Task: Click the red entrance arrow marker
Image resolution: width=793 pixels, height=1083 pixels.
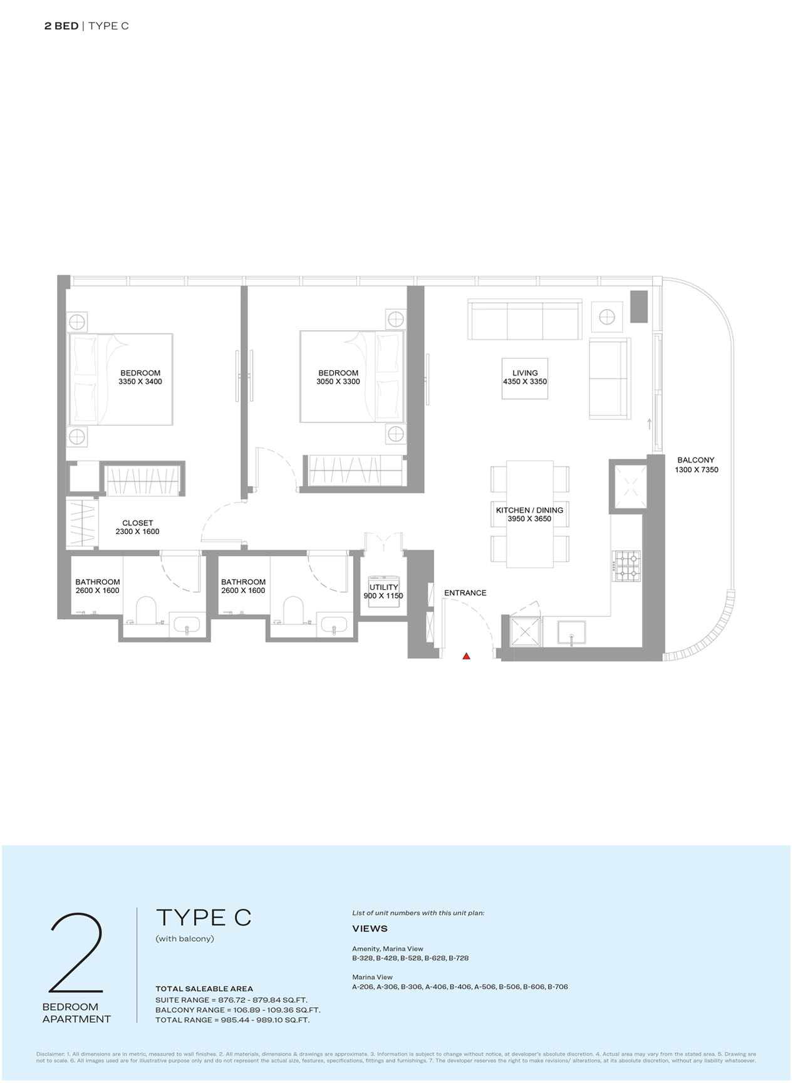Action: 466,656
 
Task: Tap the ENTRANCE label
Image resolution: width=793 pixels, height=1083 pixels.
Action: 465,593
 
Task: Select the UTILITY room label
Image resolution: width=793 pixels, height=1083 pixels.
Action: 383,587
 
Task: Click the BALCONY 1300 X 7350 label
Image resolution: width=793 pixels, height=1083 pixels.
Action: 696,464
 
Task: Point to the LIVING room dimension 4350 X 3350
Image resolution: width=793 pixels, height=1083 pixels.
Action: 525,382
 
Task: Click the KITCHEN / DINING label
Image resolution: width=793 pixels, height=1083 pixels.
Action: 529,510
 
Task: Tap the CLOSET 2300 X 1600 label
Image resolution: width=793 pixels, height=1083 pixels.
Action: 137,527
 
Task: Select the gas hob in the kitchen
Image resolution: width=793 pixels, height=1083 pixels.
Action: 626,565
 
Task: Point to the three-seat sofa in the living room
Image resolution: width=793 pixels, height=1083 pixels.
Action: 525,320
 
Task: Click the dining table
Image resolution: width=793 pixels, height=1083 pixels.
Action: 529,514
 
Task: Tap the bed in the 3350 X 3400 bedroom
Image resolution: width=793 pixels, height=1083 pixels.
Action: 120,379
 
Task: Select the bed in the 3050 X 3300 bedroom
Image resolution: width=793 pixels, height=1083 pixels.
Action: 352,376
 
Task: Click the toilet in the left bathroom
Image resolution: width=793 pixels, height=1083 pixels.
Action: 145,610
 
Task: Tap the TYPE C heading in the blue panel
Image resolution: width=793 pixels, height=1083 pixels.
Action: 203,918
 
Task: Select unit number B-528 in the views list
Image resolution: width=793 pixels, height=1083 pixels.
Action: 410,958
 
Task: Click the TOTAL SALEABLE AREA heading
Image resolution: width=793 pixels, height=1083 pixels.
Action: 204,988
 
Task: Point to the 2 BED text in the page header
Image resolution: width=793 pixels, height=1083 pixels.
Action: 61,26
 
